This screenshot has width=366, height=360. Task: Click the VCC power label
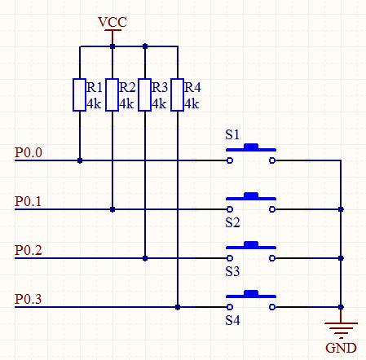[112, 22]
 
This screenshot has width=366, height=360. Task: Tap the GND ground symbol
[341, 331]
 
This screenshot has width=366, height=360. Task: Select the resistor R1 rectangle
[80, 94]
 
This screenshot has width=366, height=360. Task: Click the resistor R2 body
[112, 94]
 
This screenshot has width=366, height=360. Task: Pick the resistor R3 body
[145, 94]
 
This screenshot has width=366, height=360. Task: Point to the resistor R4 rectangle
[178, 94]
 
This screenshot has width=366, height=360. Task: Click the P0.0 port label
[29, 152]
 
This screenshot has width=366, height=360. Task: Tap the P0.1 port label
[29, 201]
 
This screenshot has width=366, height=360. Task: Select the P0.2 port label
[29, 250]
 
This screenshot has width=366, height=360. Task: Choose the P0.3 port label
[29, 299]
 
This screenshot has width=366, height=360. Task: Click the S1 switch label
[232, 134]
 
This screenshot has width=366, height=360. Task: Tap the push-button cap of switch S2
[251, 195]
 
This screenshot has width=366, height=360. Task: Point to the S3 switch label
[232, 271]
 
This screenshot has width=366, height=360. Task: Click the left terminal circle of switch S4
[230, 307]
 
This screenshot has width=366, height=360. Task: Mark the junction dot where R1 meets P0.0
[80, 160]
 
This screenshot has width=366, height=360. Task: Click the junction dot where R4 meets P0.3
[178, 307]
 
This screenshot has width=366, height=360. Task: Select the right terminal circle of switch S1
[272, 160]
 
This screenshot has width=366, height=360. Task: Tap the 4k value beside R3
[159, 103]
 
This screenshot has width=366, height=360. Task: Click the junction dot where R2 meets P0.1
[112, 209]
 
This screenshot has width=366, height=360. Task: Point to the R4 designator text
[192, 87]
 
